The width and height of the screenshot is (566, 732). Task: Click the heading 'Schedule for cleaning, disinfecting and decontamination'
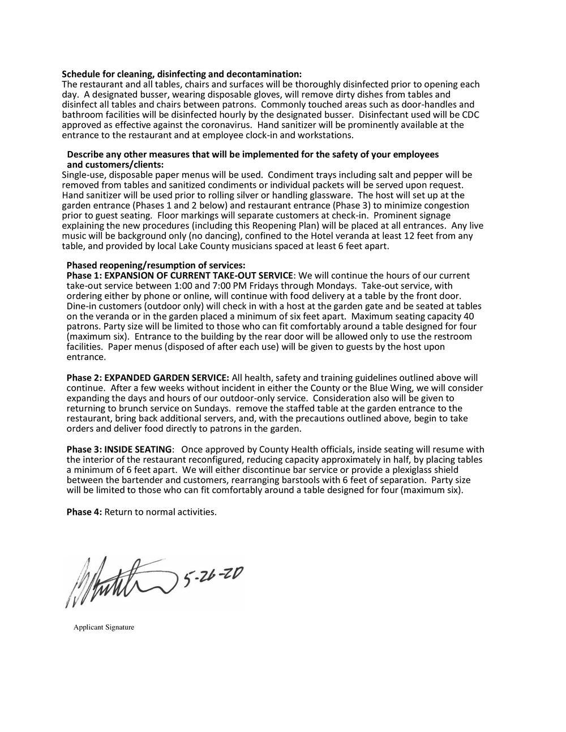coord(182,75)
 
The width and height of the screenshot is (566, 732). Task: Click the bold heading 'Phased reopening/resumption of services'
coord(156,265)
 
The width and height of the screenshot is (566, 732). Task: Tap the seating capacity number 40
coord(469,316)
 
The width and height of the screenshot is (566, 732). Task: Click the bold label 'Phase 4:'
coord(84,512)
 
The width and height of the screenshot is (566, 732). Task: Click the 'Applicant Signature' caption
coord(104,627)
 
